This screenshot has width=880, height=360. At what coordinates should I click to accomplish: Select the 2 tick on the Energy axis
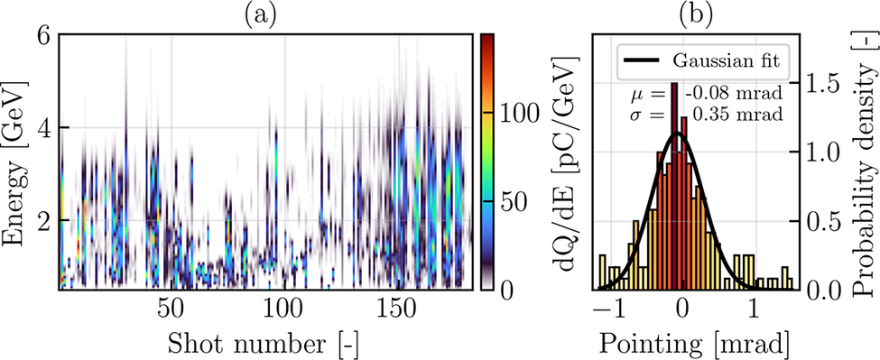point(45,220)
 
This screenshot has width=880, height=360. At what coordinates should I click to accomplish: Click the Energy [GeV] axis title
point(15,162)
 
